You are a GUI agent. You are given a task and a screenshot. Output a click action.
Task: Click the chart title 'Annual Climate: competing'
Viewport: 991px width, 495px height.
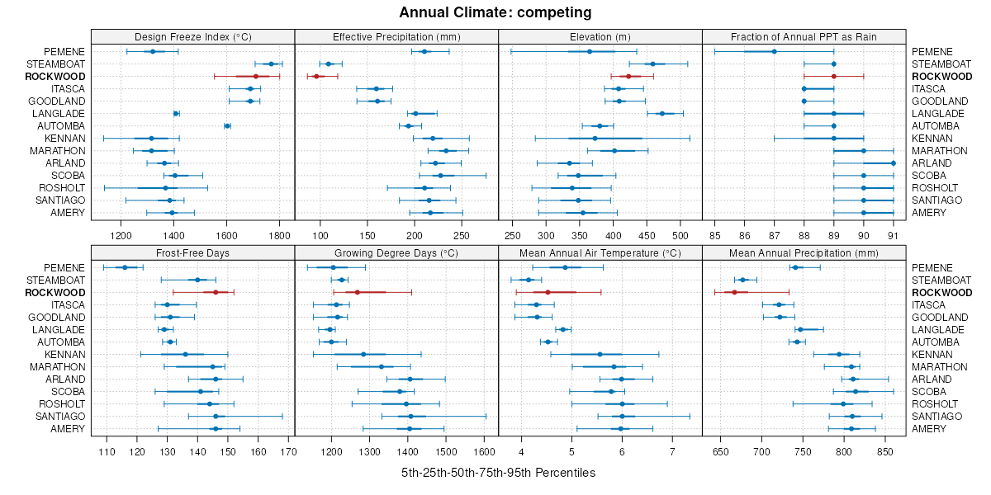coord(495,12)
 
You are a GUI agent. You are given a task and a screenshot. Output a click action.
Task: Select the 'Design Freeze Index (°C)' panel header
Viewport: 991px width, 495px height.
coord(192,36)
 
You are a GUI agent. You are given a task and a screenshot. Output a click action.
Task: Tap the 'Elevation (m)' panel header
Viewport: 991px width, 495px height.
coord(600,36)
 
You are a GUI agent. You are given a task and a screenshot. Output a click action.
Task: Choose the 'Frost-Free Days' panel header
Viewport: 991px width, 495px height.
coord(192,252)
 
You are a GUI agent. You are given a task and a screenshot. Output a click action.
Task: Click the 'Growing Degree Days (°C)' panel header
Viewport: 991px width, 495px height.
coord(396,252)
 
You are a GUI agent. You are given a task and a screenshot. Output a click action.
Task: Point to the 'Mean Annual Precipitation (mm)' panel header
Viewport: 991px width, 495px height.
coord(804,252)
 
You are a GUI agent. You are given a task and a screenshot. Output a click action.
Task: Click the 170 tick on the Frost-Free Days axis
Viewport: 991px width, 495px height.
coord(288,451)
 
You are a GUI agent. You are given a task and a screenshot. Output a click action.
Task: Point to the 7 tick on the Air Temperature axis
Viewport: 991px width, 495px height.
coord(672,451)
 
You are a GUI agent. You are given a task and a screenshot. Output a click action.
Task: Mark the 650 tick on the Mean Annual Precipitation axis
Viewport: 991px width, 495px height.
coord(720,451)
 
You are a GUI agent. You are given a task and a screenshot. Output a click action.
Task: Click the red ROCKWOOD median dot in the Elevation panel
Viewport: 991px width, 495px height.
coord(628,77)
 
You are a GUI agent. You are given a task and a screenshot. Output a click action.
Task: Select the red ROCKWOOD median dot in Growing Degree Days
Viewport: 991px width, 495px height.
coord(358,292)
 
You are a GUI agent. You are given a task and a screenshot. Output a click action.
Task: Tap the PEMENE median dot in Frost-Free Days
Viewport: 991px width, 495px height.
coord(125,267)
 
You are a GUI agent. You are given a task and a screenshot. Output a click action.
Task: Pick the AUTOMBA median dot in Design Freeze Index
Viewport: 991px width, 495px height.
coord(227,126)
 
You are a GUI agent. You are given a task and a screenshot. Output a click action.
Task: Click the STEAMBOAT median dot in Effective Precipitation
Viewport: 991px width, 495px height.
coord(329,64)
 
